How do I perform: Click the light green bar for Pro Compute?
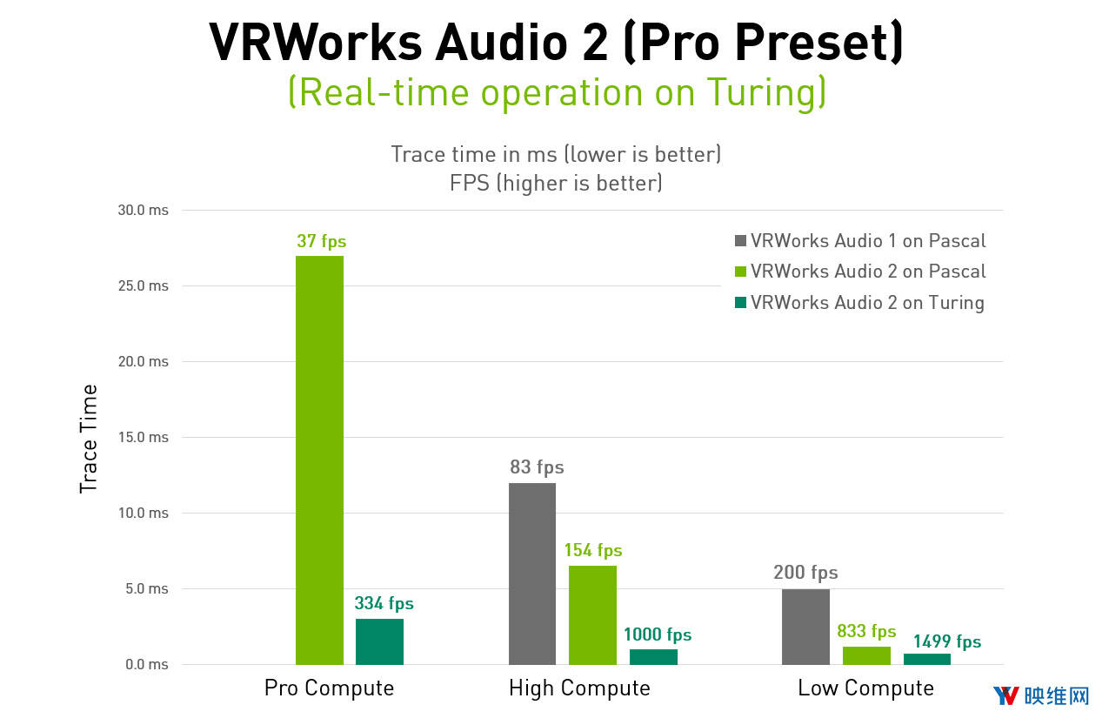click(319, 460)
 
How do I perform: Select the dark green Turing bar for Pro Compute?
click(379, 641)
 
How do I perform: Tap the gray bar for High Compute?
click(532, 574)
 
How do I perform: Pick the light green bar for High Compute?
click(592, 614)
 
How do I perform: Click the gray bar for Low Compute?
click(805, 627)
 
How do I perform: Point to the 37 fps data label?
click(321, 241)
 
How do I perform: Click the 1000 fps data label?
click(658, 634)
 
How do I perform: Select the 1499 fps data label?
click(946, 641)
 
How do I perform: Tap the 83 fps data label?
click(537, 467)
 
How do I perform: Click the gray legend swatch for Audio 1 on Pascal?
click(740, 241)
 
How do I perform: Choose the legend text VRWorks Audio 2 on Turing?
click(867, 303)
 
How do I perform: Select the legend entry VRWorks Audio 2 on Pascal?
click(867, 272)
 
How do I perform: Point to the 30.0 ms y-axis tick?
click(144, 211)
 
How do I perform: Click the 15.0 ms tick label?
click(144, 437)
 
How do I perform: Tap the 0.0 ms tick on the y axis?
click(147, 664)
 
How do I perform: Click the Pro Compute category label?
click(329, 688)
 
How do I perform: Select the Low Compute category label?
click(865, 688)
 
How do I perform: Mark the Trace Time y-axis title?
click(89, 439)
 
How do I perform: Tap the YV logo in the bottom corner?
click(1005, 695)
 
